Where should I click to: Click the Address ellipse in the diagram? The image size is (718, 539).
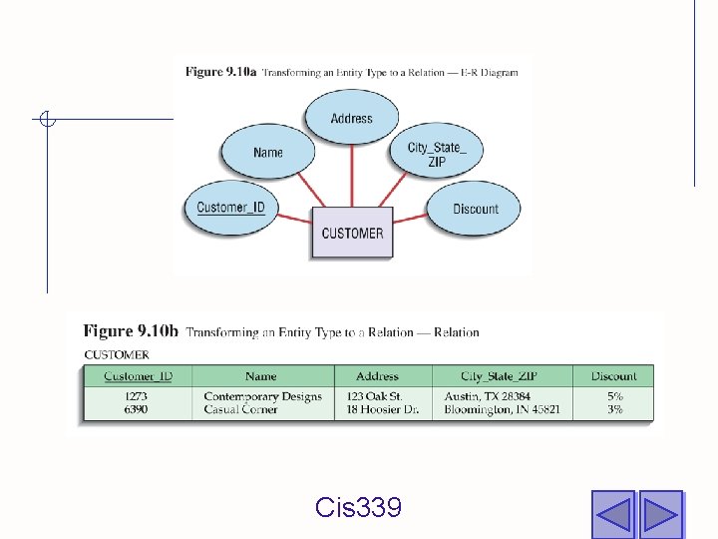pos(351,118)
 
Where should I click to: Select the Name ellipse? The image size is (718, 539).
pos(268,153)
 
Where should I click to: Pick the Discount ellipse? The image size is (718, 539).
pos(475,209)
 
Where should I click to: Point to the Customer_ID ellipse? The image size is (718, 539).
pos(231,208)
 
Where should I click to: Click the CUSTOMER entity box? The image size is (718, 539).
pos(352,233)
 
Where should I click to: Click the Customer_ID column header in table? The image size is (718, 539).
pos(139,376)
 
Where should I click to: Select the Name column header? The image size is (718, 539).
pos(261,376)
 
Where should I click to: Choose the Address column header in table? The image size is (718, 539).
pos(377,376)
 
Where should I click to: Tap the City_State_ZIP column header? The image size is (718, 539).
pos(500,376)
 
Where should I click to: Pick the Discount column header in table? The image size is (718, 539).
pos(613,376)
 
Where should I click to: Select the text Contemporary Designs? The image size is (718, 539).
pos(262,396)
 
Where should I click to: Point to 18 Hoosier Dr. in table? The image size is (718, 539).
pos(383,409)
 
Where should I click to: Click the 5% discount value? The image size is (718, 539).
pos(614,396)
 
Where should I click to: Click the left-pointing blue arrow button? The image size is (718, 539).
pos(612,514)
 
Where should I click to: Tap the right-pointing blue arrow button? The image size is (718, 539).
pos(660,514)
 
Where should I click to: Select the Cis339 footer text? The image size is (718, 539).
pos(358,508)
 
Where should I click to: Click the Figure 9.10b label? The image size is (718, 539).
pos(131,331)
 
